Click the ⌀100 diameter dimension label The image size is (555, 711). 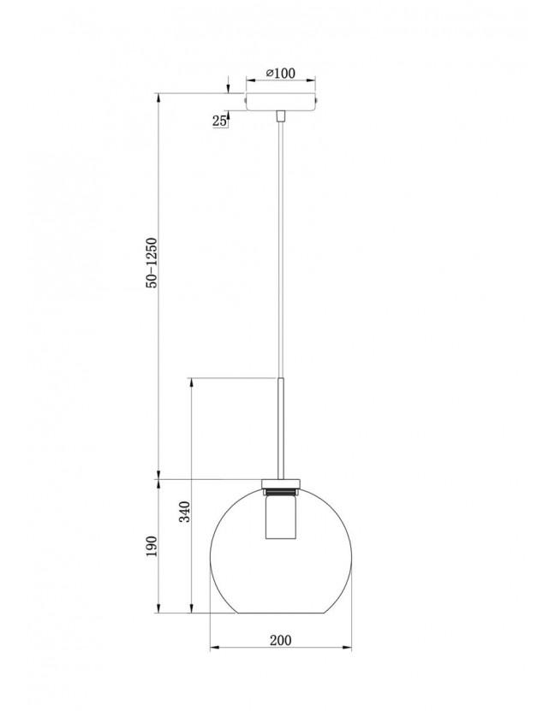pyautogui.click(x=280, y=73)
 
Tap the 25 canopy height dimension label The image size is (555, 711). pyautogui.click(x=219, y=121)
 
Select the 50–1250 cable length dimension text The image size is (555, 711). pyautogui.click(x=151, y=263)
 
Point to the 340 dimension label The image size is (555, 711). pyautogui.click(x=185, y=511)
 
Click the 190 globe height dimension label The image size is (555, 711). pyautogui.click(x=151, y=546)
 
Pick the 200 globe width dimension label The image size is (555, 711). pyautogui.click(x=281, y=640)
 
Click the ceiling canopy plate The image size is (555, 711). pyautogui.click(x=281, y=101)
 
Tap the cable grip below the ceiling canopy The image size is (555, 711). pyautogui.click(x=281, y=116)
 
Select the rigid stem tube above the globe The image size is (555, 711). pyautogui.click(x=281, y=428)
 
